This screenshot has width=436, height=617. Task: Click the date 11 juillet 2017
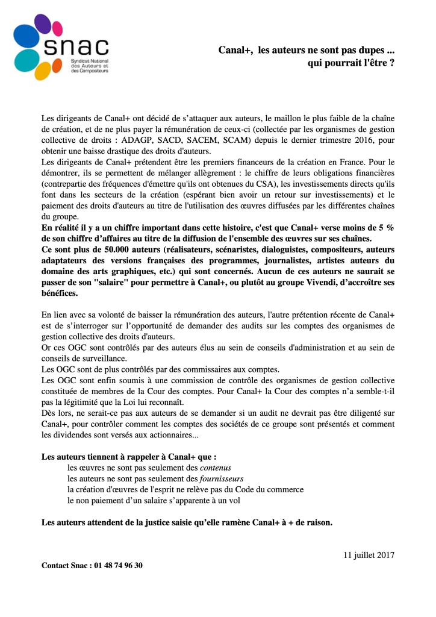click(369, 554)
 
